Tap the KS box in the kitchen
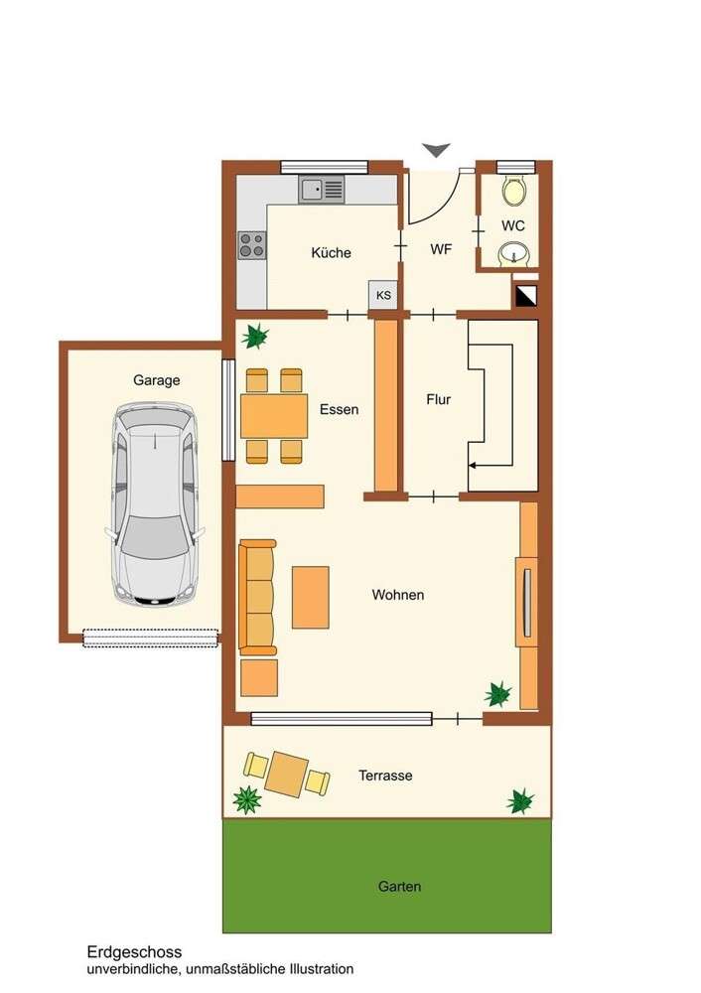pyautogui.click(x=383, y=295)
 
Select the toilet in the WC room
pyautogui.click(x=514, y=190)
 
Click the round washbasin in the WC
pyautogui.click(x=512, y=253)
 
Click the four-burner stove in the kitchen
pyautogui.click(x=252, y=244)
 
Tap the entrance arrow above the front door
pyautogui.click(x=435, y=150)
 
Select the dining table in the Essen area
pyautogui.click(x=273, y=416)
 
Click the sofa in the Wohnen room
pyautogui.click(x=257, y=597)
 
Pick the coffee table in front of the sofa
pyautogui.click(x=310, y=597)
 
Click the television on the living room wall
pyautogui.click(x=526, y=602)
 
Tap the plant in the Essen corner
pyautogui.click(x=256, y=337)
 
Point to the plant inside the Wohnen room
pyautogui.click(x=497, y=693)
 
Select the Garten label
pyautogui.click(x=399, y=886)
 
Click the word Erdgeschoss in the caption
pyautogui.click(x=133, y=951)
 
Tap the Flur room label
pyautogui.click(x=438, y=399)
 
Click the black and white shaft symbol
pyautogui.click(x=525, y=295)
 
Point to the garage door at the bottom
pyautogui.click(x=150, y=638)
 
